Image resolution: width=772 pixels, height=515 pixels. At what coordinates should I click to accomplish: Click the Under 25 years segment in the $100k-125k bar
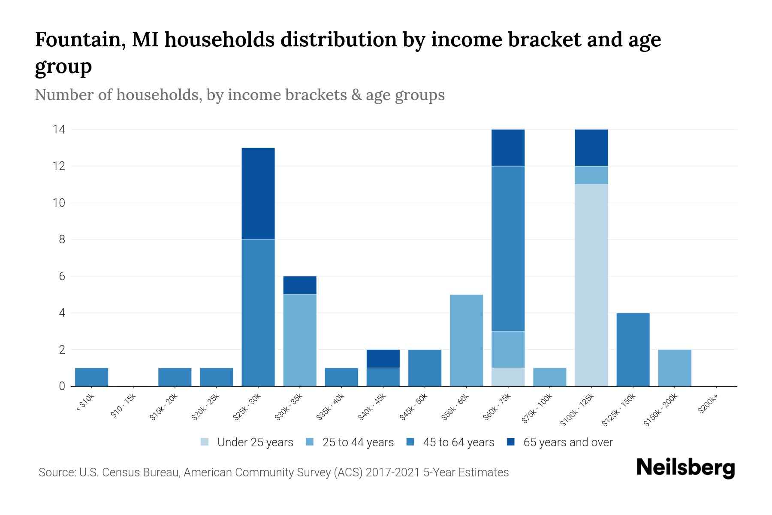coord(591,285)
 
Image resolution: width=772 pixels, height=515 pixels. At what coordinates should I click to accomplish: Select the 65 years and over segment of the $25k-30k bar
coord(258,194)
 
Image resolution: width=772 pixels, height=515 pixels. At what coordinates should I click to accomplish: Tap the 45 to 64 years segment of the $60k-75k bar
coord(508,248)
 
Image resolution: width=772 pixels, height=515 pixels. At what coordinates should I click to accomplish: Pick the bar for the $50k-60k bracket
coord(466,340)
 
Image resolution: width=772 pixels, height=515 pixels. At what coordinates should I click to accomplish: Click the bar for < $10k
coord(91,377)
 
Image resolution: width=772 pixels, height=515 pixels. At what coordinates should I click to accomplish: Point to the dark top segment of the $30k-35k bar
coord(300,285)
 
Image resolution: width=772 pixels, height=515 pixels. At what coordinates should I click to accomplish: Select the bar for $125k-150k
coord(633,350)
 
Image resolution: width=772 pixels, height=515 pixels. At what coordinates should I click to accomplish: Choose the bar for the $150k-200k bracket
coord(674,368)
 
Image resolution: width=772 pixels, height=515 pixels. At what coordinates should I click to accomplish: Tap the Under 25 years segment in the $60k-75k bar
coord(508,377)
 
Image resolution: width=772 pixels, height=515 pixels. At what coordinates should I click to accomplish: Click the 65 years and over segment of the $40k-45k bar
coord(383,359)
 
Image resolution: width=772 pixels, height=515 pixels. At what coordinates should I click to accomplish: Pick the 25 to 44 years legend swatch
coord(310,442)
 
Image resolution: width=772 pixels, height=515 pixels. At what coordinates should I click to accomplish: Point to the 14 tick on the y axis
coord(59,129)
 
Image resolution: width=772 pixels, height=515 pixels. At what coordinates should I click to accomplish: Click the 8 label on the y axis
coord(62,239)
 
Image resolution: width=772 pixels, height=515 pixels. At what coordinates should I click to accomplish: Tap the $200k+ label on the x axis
coord(708,405)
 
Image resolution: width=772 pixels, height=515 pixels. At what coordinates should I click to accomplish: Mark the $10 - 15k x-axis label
coord(123,408)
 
